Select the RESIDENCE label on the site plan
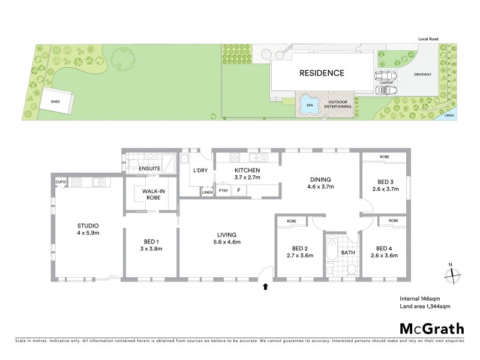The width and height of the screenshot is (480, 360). point(322,73)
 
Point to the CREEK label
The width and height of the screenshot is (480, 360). point(449,114)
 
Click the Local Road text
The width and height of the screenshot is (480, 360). point(428,39)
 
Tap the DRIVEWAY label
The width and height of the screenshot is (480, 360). point(422,74)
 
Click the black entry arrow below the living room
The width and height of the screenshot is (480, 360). point(265,287)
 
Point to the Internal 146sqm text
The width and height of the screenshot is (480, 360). point(421,298)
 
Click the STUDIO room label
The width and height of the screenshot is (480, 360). point(87,226)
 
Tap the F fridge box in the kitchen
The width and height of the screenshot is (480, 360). point(239,191)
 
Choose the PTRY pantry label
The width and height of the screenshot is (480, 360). point(223,191)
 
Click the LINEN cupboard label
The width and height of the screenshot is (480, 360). point(207,192)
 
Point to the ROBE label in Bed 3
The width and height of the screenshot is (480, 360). point(384,157)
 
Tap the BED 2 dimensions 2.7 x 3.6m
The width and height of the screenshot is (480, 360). point(299,255)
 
